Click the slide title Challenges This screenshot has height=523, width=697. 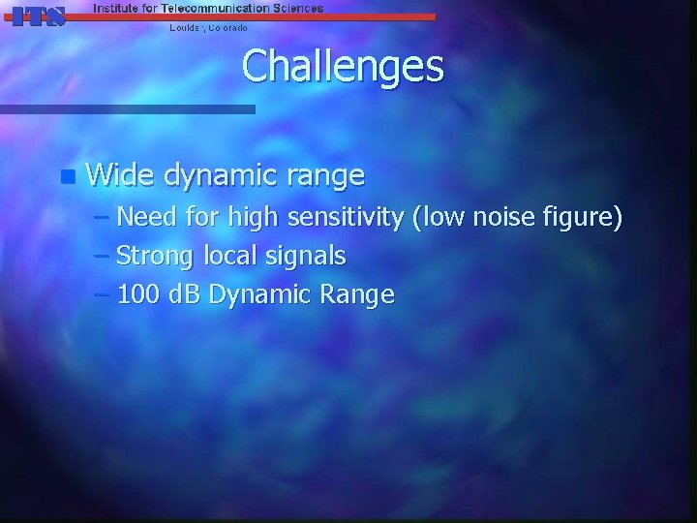[x=343, y=67]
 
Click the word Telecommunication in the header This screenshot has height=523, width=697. [x=212, y=8]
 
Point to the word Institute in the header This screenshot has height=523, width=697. [x=115, y=8]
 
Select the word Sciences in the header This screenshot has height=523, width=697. [x=294, y=8]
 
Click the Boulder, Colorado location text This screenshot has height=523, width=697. [x=208, y=28]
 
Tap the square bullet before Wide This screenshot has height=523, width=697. [x=66, y=176]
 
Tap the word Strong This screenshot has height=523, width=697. [x=156, y=257]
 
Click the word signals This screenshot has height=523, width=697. [x=309, y=257]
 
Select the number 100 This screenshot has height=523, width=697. [x=136, y=294]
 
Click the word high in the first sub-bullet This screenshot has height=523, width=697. [x=252, y=218]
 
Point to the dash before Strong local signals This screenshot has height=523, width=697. [x=103, y=257]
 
